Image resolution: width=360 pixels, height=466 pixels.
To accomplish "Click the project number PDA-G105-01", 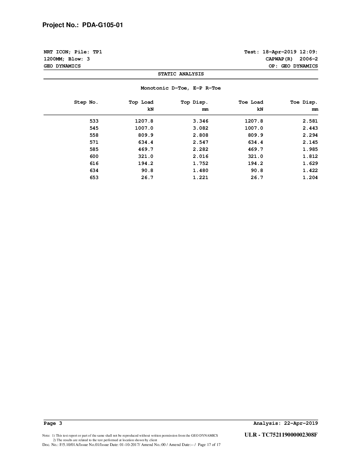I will click(x=102, y=25).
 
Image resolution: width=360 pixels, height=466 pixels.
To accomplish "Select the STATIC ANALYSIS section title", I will click(x=181, y=74).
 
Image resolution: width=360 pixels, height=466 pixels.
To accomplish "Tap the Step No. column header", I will click(x=86, y=102).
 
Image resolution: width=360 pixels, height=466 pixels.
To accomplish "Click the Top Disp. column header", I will click(x=194, y=102).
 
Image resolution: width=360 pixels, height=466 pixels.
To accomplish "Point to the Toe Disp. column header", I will click(x=304, y=102).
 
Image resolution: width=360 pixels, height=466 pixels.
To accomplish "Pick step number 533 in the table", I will click(x=94, y=121).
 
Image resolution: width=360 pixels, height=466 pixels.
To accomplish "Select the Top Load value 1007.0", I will click(x=144, y=128).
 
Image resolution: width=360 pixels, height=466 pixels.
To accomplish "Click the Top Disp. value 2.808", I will click(x=200, y=135).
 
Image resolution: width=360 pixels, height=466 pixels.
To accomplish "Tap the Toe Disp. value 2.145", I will click(x=310, y=142).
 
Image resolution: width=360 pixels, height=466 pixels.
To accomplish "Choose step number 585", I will click(x=94, y=149).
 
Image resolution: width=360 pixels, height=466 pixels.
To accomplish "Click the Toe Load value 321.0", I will click(x=255, y=156).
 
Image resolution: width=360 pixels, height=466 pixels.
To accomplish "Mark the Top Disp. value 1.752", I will click(x=200, y=164).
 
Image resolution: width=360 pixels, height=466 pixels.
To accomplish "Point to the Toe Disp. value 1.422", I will click(x=310, y=171).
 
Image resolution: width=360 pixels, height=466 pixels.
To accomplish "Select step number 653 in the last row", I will click(x=94, y=178).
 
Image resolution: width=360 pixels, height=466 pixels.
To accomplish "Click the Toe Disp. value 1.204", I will click(x=310, y=178).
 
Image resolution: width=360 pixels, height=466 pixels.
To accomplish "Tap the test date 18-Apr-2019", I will click(x=280, y=52).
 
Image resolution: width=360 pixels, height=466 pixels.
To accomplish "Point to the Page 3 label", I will click(x=53, y=423).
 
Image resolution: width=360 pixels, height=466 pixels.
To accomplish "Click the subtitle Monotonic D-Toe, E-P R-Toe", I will click(x=181, y=88).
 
